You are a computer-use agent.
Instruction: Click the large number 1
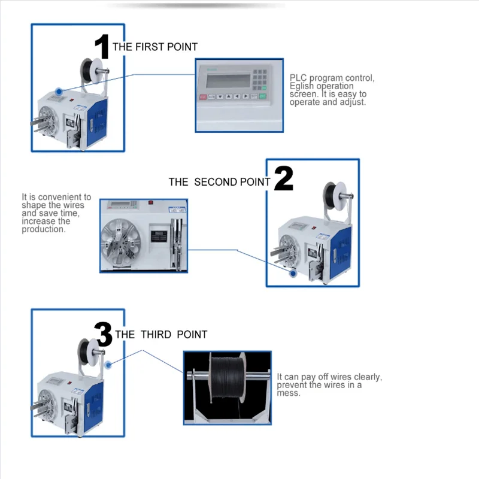click(102, 46)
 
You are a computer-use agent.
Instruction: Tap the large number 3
click(104, 334)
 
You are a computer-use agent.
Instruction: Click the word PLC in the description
click(298, 78)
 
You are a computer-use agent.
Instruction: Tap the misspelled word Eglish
click(303, 86)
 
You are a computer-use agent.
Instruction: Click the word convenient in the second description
click(63, 197)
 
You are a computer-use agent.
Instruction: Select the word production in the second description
click(43, 229)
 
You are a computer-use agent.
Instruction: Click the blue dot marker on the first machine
click(58, 92)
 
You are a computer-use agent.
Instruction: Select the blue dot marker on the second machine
click(293, 273)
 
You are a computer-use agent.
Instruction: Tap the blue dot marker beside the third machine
click(108, 364)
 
